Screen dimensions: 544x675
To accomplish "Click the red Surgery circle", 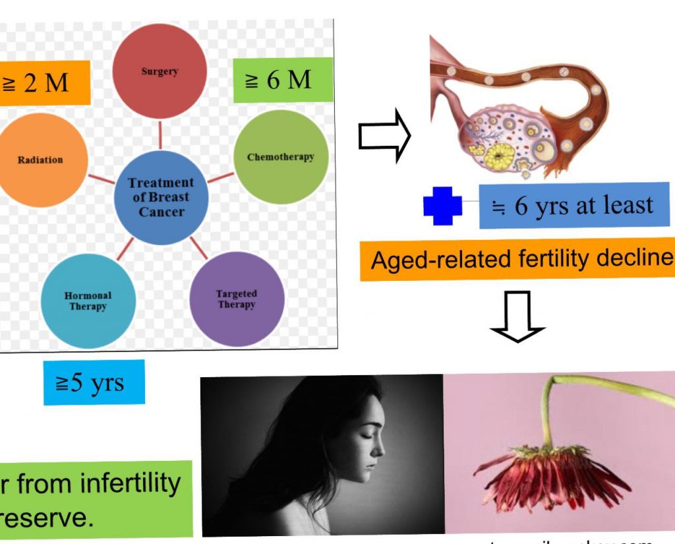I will (x=160, y=71).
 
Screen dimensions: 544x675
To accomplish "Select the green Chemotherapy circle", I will (x=281, y=157).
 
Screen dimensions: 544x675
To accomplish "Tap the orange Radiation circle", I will (x=41, y=160).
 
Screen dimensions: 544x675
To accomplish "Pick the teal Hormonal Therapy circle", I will (x=88, y=301).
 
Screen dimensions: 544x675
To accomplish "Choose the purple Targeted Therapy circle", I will (x=237, y=299).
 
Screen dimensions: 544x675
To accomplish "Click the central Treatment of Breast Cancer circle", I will (x=161, y=197).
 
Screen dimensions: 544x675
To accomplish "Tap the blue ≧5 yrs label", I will (x=94, y=382).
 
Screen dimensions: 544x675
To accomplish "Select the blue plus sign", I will (x=442, y=206).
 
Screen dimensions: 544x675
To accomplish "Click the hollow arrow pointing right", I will (x=384, y=136).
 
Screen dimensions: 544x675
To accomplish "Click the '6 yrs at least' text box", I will (x=574, y=206).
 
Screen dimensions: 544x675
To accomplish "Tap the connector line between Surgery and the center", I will (x=160, y=135).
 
